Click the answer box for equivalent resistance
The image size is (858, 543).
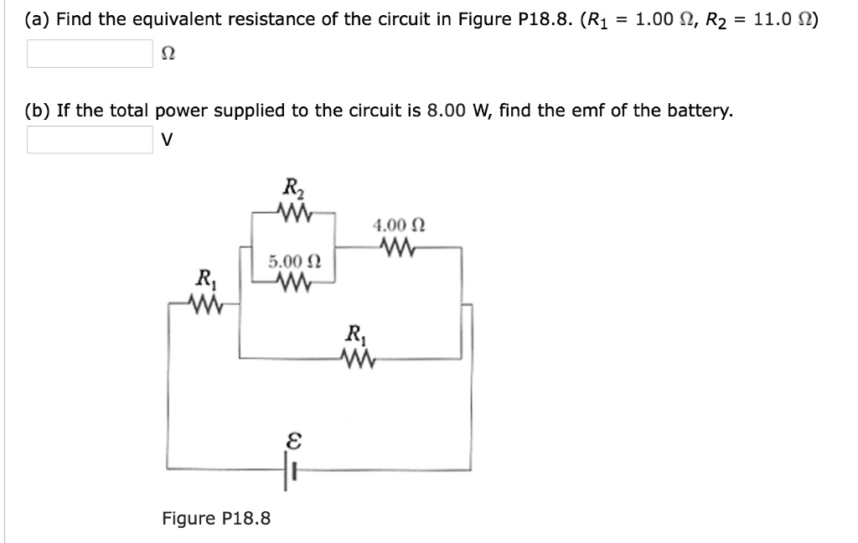click(90, 54)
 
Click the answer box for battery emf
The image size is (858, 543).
click(90, 140)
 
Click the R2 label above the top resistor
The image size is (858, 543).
click(293, 189)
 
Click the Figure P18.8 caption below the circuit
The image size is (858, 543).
click(216, 518)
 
